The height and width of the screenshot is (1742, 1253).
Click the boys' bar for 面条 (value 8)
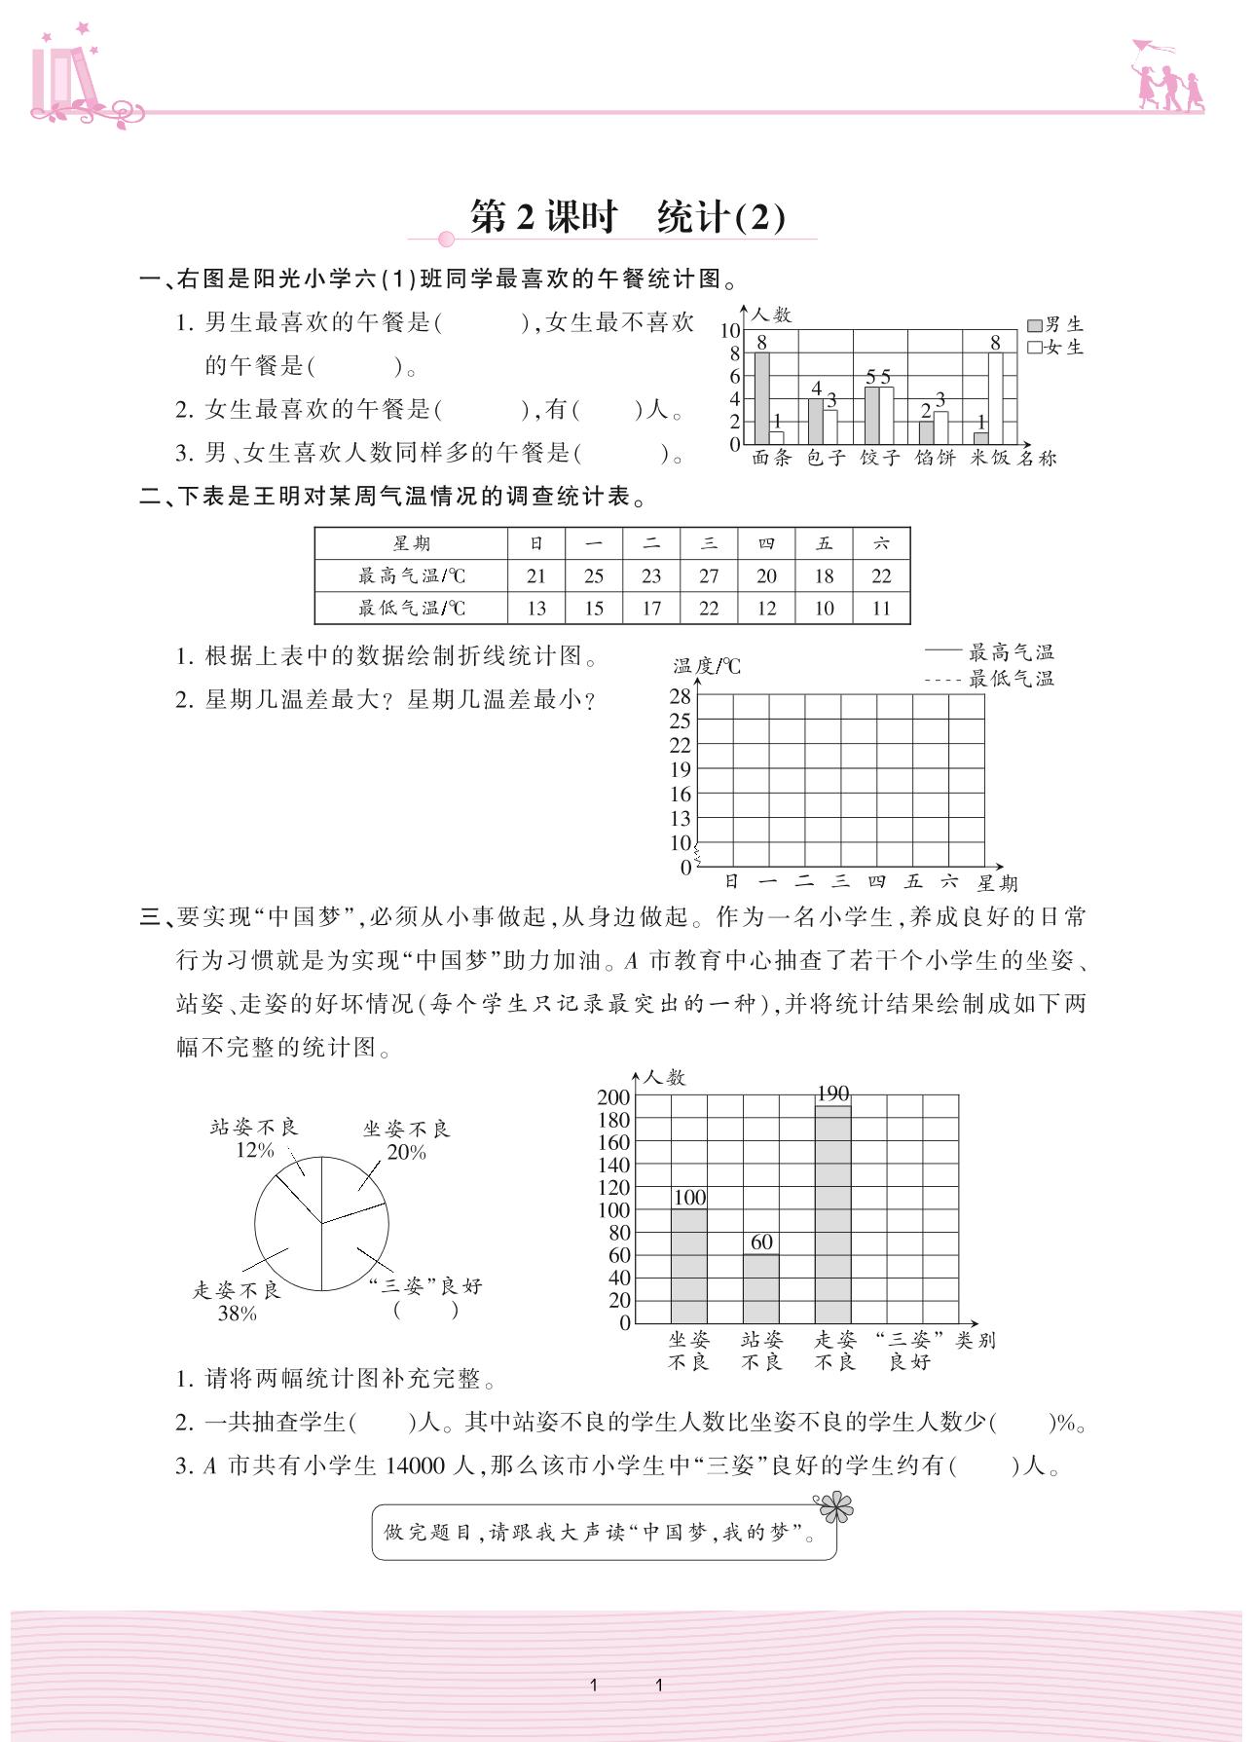click(761, 398)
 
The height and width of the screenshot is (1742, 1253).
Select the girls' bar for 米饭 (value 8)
click(995, 398)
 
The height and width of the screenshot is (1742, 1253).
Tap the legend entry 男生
click(1055, 325)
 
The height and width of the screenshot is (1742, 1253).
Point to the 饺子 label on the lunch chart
click(880, 458)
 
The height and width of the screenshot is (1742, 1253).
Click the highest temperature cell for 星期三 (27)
click(709, 575)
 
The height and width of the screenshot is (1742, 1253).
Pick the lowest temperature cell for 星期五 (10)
click(824, 609)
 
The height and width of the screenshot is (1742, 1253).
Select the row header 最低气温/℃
click(411, 609)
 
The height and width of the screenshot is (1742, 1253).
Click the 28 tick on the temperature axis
click(680, 696)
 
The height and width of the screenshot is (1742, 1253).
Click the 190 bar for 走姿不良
click(832, 1213)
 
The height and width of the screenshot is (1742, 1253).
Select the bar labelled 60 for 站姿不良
click(760, 1287)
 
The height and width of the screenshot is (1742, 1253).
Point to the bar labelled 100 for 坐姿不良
click(688, 1265)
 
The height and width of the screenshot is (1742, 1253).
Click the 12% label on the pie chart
click(254, 1150)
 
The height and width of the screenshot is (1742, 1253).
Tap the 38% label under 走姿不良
click(237, 1314)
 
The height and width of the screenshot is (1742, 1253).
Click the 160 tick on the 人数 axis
click(613, 1142)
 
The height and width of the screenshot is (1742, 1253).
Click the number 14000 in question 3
click(416, 1465)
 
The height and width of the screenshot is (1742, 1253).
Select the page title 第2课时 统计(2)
click(627, 216)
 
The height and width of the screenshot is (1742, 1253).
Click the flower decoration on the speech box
click(834, 1507)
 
